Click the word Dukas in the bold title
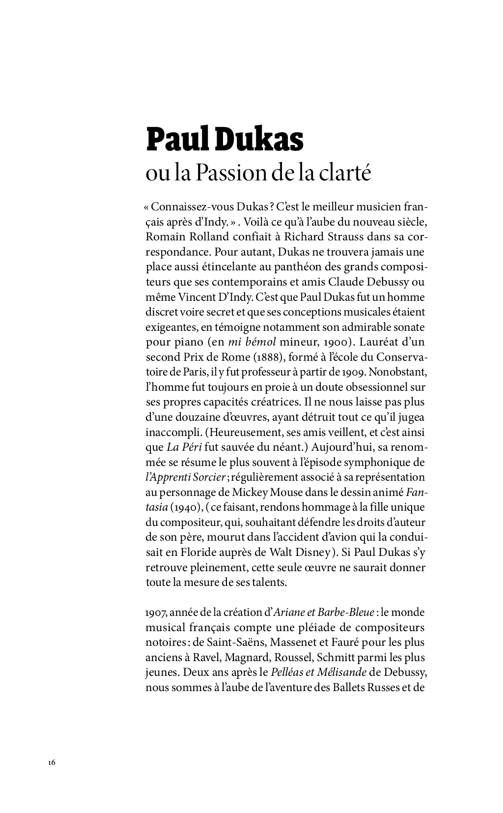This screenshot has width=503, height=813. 260,140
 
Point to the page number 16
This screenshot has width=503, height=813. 52,762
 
